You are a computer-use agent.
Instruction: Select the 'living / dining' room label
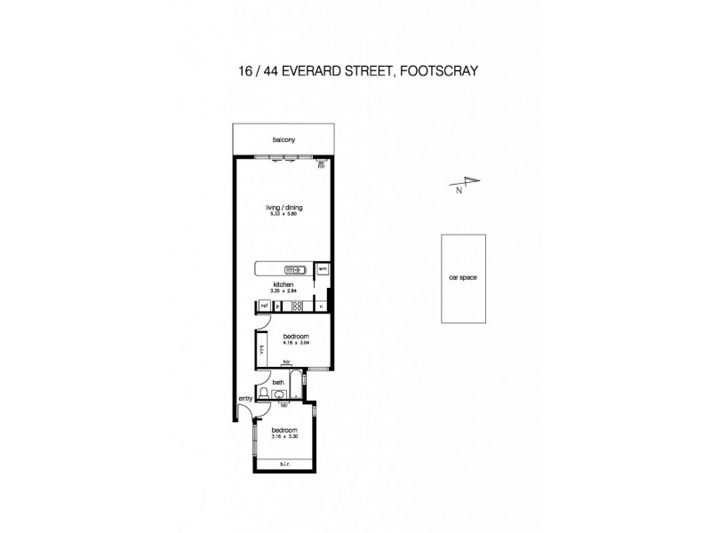[284, 207]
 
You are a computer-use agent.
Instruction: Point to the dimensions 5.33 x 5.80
[284, 214]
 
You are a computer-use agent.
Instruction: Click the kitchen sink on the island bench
[294, 269]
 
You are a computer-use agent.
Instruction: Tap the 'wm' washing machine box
[323, 268]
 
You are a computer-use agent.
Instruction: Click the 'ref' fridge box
[264, 306]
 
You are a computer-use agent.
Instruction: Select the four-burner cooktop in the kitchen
[298, 306]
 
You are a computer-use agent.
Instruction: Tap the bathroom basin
[284, 395]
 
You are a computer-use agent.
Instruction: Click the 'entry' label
[244, 399]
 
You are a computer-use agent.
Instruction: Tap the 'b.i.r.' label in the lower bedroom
[284, 464]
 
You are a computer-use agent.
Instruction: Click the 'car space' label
[463, 278]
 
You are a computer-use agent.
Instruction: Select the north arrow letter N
[459, 189]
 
